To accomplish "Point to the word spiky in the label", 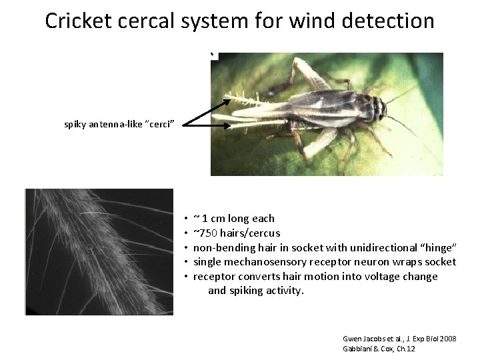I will click(x=75, y=124).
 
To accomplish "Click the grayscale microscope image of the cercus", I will click(x=99, y=251).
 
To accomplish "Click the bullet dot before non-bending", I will click(x=187, y=248).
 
